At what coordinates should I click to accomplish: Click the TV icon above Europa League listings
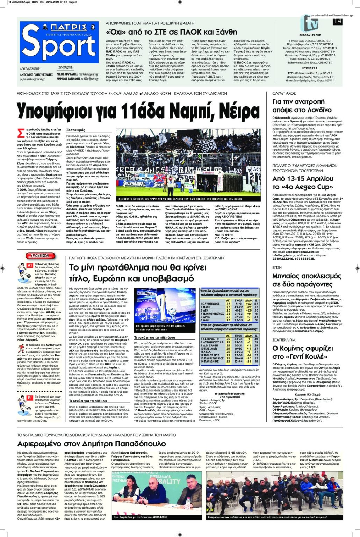click(x=310, y=24)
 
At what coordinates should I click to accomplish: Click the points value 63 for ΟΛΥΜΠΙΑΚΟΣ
click(x=257, y=304)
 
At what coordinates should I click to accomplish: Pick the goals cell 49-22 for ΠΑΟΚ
click(x=239, y=307)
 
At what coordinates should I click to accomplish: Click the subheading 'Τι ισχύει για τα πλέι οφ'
click(x=88, y=401)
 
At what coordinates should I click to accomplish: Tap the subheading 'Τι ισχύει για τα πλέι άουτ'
click(x=155, y=337)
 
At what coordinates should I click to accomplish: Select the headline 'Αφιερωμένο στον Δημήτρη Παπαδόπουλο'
click(x=92, y=444)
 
